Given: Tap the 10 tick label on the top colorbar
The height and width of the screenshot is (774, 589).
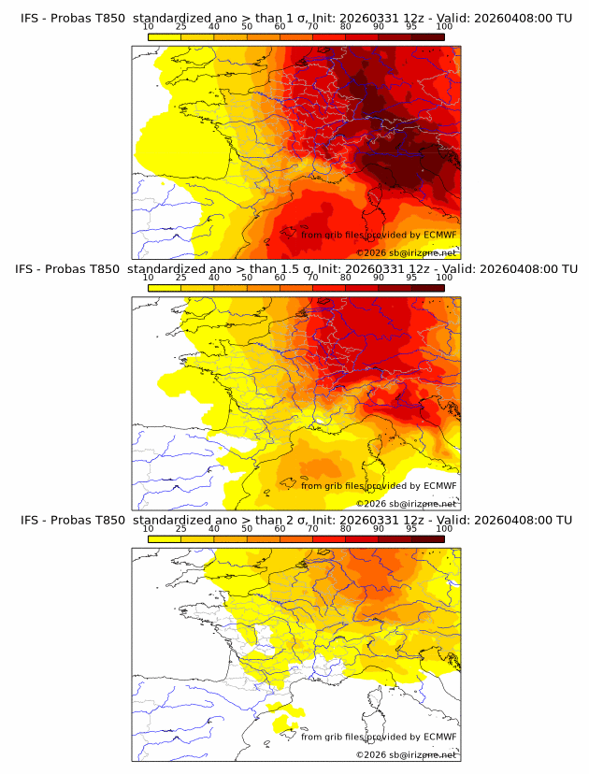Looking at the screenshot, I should [148, 28].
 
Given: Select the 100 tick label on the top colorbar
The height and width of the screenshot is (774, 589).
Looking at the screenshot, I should [445, 28].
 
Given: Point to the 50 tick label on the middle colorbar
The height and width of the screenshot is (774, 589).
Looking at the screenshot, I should [247, 279].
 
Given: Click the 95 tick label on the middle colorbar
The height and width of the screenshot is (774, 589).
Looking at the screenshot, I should [411, 279].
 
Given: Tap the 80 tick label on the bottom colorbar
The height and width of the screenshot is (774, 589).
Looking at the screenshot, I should [346, 529].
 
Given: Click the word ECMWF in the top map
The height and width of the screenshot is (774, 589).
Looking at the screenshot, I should [439, 236].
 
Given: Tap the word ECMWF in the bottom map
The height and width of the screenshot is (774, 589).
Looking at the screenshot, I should [439, 737].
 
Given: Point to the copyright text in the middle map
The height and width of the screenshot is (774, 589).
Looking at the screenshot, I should [407, 504].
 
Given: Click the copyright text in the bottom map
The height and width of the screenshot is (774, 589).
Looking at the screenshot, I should [407, 754].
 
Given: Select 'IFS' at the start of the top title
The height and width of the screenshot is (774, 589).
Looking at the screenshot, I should [30, 19].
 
